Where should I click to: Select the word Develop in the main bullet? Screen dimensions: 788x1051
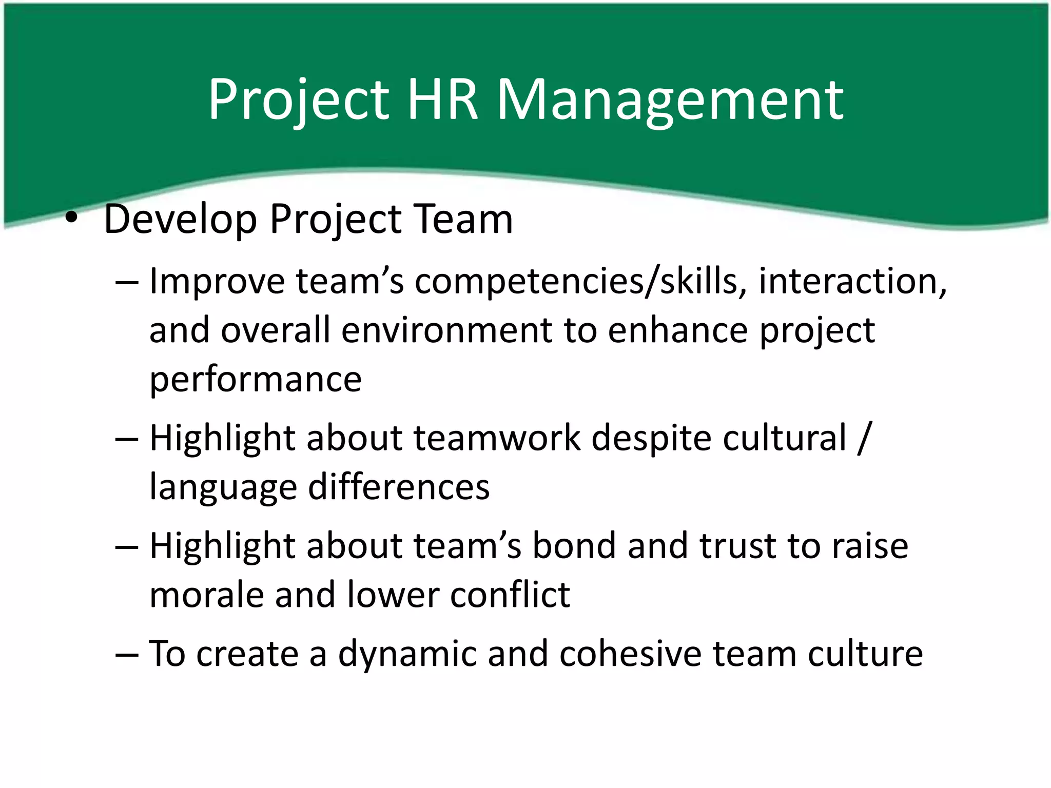(180, 220)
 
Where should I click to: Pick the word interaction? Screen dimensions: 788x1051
(852, 282)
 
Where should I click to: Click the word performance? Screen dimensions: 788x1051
(256, 380)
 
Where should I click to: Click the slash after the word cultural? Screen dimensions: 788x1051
(864, 438)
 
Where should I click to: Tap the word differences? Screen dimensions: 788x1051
(398, 487)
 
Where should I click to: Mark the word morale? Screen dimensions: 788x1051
(206, 595)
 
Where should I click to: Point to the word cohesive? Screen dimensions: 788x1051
(630, 654)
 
